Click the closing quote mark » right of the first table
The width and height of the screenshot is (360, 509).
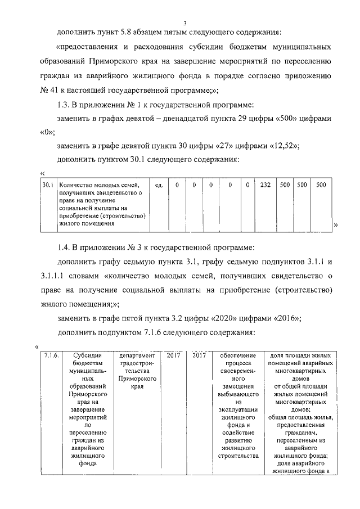[335, 225]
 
